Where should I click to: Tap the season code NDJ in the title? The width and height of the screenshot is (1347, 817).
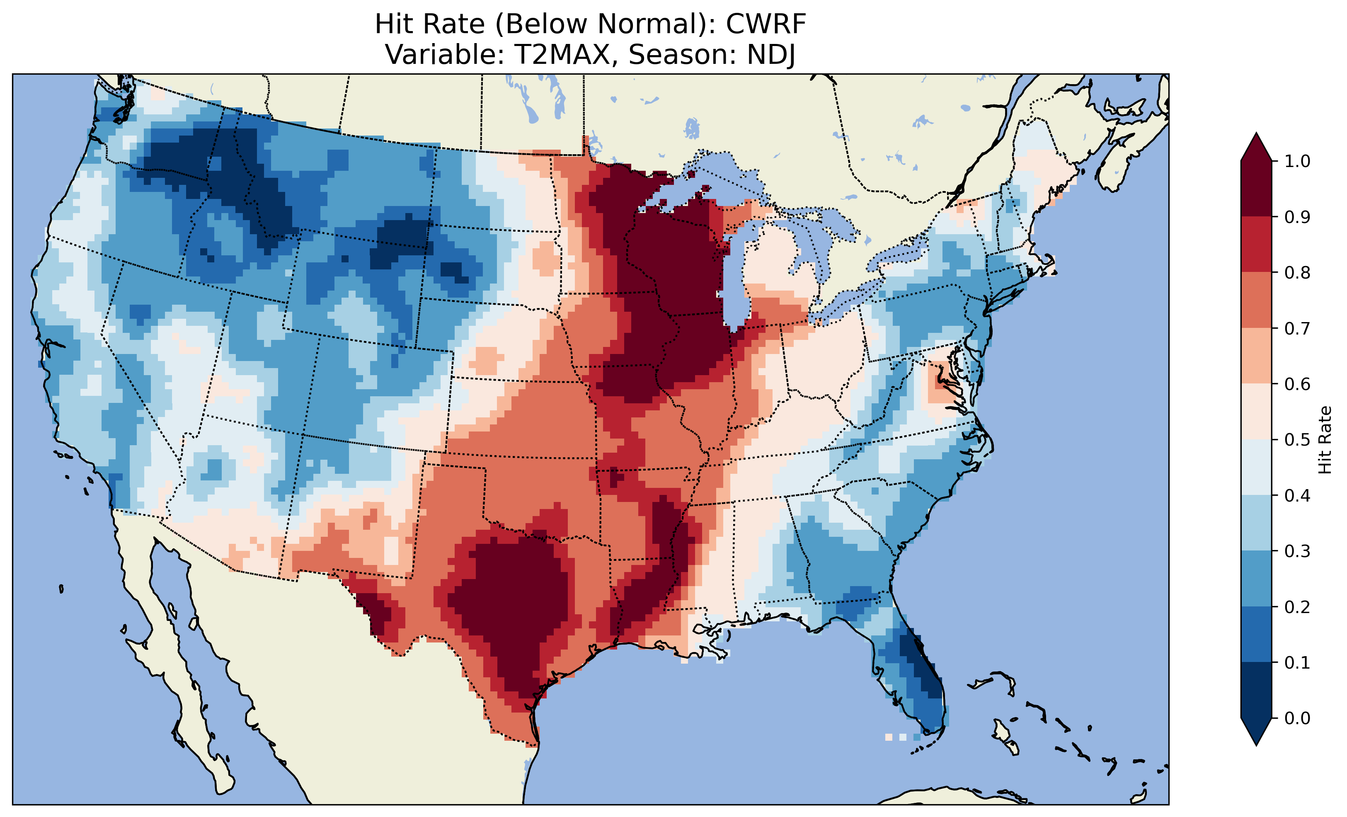[x=771, y=55]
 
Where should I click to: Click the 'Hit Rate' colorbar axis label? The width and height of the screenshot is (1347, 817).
[x=1324, y=440]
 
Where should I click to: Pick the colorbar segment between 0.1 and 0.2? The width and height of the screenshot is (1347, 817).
[x=1256, y=634]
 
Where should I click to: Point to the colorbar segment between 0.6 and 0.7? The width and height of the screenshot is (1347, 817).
[x=1256, y=356]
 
